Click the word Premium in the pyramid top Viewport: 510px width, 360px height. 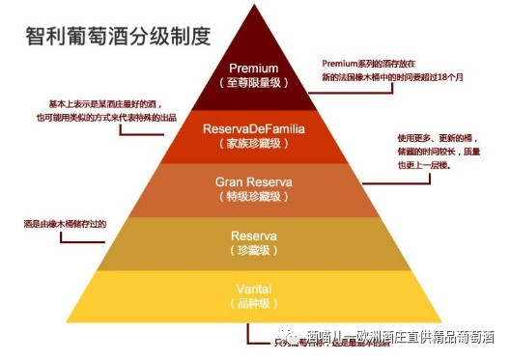(254, 69)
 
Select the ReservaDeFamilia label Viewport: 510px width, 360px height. (254, 128)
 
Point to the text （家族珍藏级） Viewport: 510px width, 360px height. (254, 143)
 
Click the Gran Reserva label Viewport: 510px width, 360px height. (254, 181)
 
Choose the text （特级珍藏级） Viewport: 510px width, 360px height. (254, 196)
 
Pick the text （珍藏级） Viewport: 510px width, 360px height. (254, 250)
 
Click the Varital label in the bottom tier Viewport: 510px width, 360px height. (254, 289)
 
